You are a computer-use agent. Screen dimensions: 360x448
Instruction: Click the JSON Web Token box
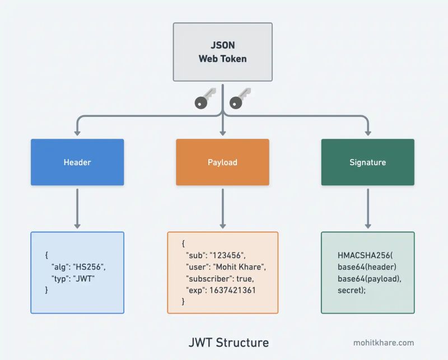click(222, 52)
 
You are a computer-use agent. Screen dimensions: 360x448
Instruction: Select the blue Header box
click(77, 162)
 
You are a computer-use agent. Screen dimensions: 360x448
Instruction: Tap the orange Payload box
click(222, 162)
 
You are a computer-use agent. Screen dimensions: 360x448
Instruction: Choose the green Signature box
click(367, 162)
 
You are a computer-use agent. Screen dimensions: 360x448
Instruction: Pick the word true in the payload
click(245, 278)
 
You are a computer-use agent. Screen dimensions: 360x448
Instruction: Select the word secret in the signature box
click(349, 290)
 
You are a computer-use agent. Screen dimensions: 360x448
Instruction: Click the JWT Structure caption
click(228, 342)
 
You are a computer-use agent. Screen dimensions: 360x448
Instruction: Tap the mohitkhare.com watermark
click(384, 343)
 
